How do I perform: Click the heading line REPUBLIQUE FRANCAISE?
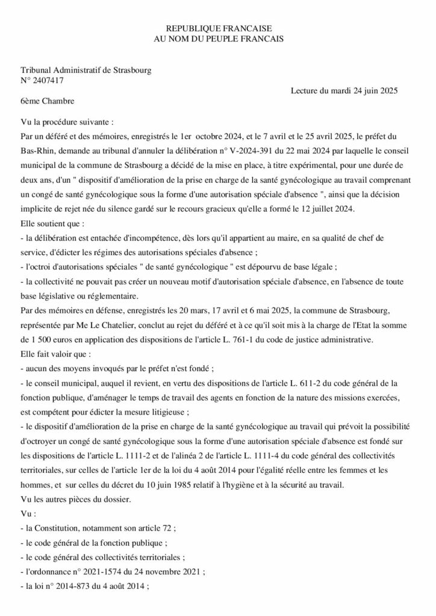(219, 28)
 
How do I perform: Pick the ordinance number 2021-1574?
(90, 569)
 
